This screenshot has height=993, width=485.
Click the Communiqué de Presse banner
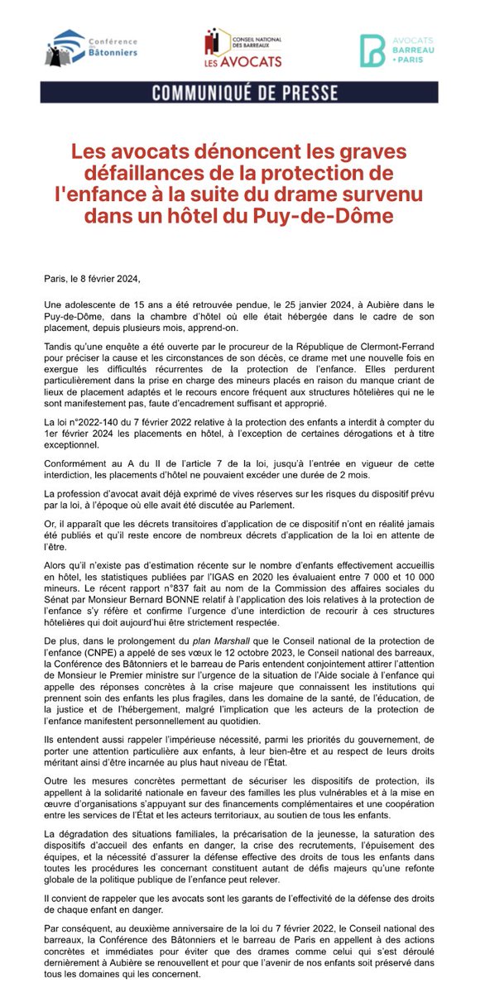[x=242, y=90]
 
